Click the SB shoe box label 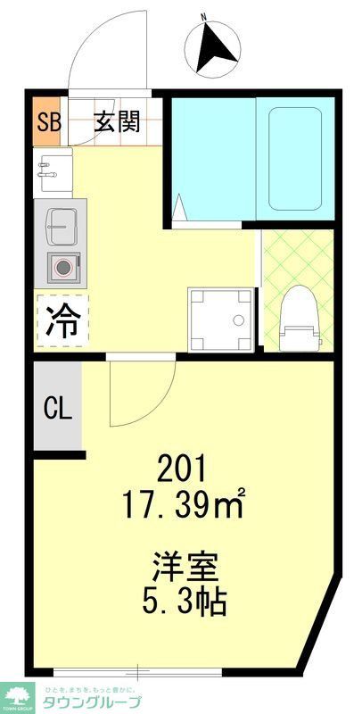tap(48, 121)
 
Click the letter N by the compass tap(203, 17)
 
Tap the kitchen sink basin tap(60, 227)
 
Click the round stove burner tap(63, 266)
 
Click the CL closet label tap(58, 410)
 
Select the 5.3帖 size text tap(185, 604)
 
